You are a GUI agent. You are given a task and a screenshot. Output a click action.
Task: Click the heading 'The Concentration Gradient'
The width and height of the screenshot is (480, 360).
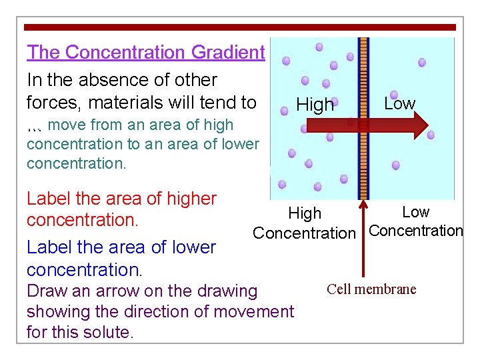point(145,52)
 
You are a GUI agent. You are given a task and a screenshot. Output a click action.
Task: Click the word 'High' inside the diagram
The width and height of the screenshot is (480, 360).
point(315,105)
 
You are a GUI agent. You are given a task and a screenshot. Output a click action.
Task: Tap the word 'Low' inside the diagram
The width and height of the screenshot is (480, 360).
point(399,104)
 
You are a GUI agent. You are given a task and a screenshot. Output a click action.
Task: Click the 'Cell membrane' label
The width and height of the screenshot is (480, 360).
point(371,289)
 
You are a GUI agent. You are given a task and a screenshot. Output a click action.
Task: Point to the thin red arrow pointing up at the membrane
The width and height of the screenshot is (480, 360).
point(363,233)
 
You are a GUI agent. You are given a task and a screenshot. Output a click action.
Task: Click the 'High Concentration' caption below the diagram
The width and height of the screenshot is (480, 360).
point(305,223)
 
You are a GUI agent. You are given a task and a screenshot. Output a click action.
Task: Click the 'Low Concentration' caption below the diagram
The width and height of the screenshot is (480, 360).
point(415,222)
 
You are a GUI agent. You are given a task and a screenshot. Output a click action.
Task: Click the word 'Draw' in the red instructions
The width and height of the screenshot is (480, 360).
point(47,291)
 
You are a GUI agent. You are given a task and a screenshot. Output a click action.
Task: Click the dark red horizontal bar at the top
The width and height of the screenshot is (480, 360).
point(240,27)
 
